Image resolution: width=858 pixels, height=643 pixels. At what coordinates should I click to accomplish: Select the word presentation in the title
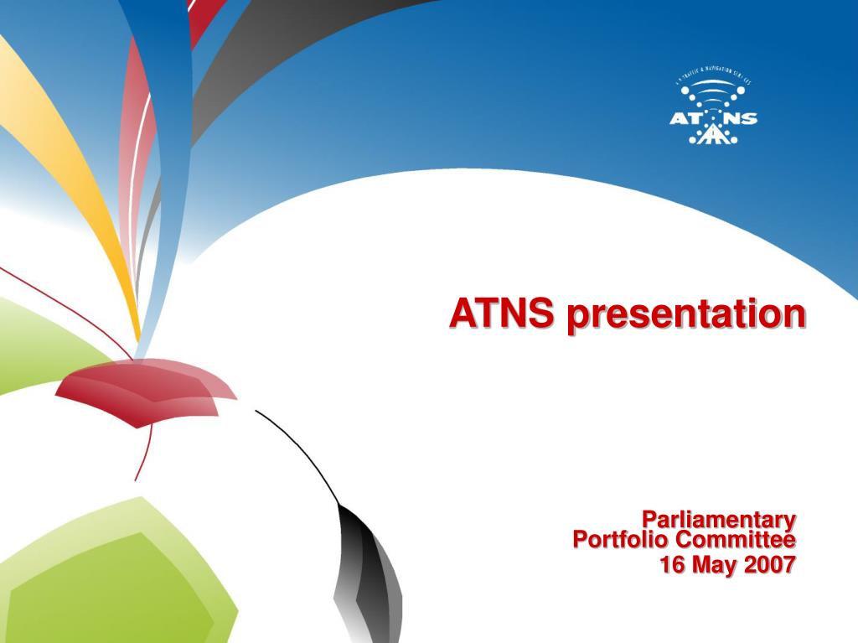[685, 315]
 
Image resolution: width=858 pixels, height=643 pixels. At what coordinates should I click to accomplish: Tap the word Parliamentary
[718, 520]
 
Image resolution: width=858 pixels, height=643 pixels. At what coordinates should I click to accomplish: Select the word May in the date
[713, 566]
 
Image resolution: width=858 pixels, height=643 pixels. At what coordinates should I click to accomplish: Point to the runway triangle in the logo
[713, 134]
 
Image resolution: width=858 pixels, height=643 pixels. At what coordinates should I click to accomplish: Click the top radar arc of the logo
[713, 85]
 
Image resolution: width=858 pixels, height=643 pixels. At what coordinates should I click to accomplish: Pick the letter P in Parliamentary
[649, 520]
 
